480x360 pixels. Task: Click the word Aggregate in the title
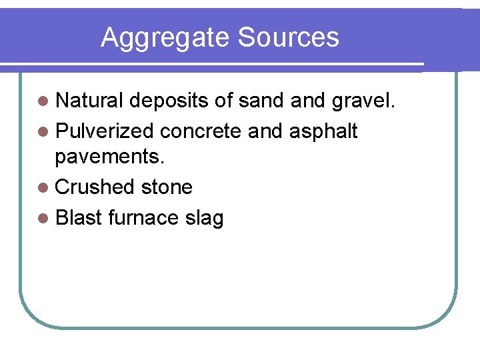pos(166,38)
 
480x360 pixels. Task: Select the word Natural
pos(89,101)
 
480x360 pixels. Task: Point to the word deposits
pos(169,101)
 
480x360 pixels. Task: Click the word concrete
pos(203,131)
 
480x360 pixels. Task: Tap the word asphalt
pos(323,131)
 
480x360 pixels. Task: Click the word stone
pos(166,187)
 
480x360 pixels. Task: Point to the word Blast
pos(78,217)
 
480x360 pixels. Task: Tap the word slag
pos(203,219)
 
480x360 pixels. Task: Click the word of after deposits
pos(223,101)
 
